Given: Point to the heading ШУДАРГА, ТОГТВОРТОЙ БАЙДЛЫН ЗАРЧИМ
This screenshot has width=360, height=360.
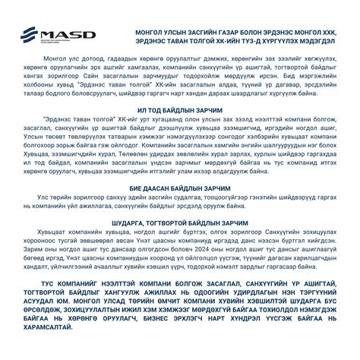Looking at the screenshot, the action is (x=179, y=223).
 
